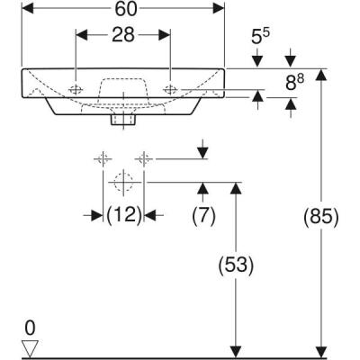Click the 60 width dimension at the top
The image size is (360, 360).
122,9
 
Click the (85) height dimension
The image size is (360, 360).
321,217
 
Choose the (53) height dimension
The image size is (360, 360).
238,266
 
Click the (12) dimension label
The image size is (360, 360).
123,216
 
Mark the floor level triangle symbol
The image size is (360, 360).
31,347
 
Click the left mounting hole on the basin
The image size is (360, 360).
76,89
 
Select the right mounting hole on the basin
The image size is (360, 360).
170,89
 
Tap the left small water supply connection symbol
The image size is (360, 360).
101,159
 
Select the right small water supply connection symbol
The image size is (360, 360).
143,159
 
